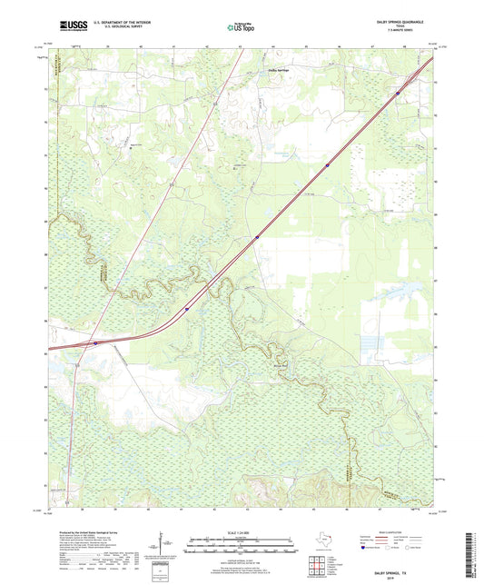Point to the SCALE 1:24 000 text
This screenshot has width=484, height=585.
pos(242,532)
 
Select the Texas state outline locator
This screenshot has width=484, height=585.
pos(321,541)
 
